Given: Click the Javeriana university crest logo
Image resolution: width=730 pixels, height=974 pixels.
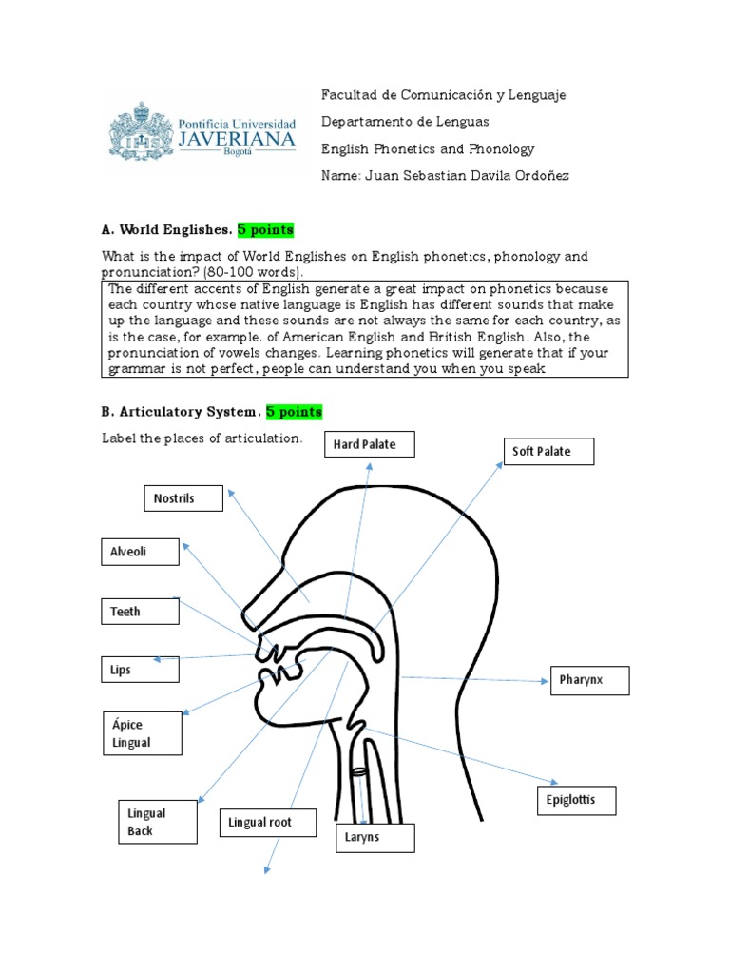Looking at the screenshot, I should [141, 132].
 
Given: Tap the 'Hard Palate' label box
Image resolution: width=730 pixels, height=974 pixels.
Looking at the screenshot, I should [365, 444].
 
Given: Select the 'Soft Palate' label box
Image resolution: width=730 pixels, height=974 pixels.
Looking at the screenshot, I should [547, 451].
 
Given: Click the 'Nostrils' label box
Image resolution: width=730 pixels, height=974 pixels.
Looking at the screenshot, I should [183, 497].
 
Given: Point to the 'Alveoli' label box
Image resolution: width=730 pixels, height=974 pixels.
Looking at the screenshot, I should [139, 552].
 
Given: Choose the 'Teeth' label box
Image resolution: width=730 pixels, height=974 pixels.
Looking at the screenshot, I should [139, 611].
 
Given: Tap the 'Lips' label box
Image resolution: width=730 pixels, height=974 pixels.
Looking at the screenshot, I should [139, 670].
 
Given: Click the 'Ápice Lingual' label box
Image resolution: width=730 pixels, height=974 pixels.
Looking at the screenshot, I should [142, 733].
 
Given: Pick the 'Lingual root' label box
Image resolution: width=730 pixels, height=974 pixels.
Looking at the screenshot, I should [267, 822].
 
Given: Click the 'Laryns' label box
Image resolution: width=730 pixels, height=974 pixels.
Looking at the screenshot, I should [375, 838].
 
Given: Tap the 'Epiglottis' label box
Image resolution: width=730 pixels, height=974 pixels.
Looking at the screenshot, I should [576, 800].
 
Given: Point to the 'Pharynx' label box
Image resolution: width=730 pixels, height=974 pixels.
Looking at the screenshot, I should [589, 681].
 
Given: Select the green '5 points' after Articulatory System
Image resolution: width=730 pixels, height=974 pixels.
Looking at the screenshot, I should [294, 412].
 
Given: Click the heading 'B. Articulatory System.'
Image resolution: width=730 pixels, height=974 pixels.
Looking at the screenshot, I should [180, 412].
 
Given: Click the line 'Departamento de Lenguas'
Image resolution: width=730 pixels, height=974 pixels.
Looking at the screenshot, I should [405, 122].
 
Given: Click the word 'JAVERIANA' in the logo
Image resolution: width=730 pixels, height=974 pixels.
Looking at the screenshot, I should [237, 139].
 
